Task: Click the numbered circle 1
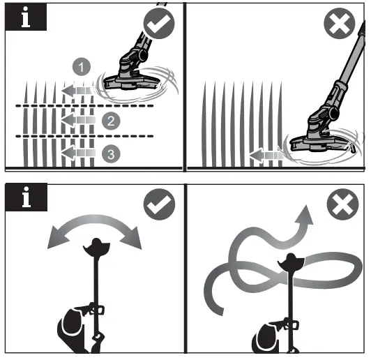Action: pos(82,68)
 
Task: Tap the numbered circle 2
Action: pos(109,121)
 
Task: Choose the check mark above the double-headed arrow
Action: pos(158,206)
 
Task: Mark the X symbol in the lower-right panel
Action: pos(340,206)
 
